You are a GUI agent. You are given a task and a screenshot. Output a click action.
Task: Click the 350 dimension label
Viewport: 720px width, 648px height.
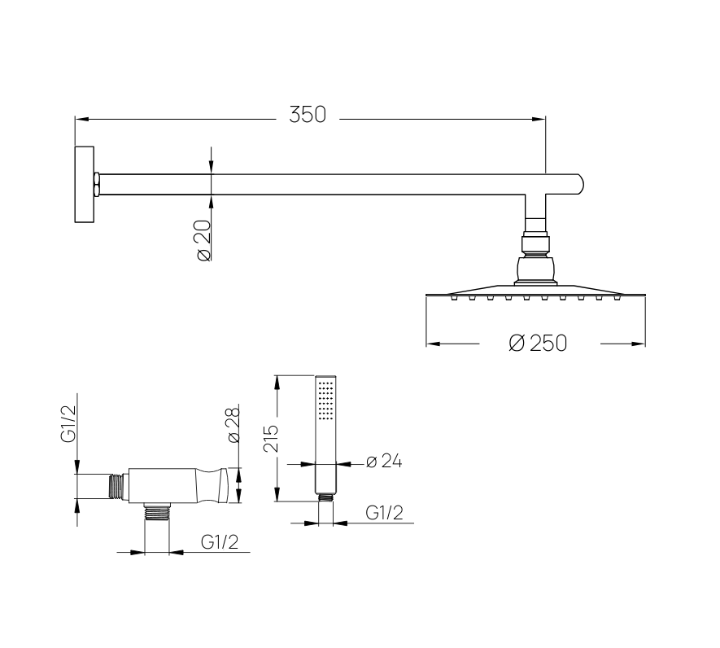(x=308, y=115)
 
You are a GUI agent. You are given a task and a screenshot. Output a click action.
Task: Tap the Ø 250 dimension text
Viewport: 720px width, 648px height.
(x=538, y=344)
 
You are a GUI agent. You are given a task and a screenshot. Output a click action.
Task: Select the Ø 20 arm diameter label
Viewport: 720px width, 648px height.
(x=204, y=240)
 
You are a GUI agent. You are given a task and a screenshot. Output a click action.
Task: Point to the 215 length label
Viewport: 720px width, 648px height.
(x=271, y=439)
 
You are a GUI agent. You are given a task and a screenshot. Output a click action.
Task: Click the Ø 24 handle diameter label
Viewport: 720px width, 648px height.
(x=384, y=462)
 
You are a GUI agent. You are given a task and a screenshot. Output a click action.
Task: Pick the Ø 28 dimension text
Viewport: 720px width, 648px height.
(x=233, y=424)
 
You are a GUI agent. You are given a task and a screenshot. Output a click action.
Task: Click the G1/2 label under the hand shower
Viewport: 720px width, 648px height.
(x=384, y=512)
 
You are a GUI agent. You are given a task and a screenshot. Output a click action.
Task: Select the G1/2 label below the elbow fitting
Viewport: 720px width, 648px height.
(x=220, y=542)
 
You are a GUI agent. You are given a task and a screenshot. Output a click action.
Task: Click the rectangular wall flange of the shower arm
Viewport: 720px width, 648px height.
(x=85, y=185)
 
